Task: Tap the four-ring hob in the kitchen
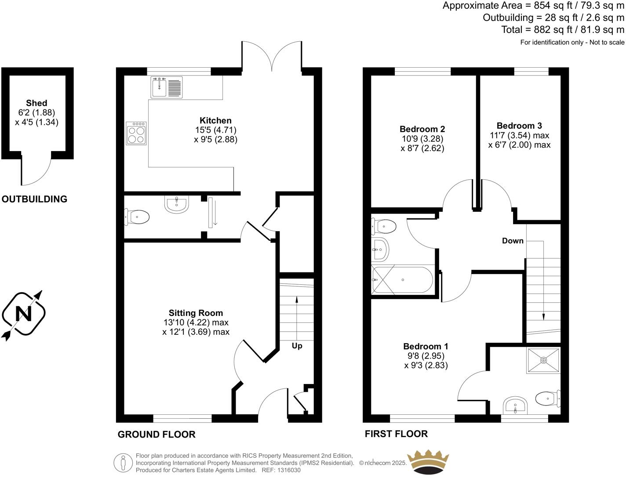coord(136,133)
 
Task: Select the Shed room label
coord(36,103)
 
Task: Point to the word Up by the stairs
coord(297,346)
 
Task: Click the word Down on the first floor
coord(513,241)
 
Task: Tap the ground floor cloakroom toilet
coord(138,217)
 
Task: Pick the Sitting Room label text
coord(196,313)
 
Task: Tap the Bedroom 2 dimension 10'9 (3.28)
coord(422,139)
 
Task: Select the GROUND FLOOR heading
coord(156,435)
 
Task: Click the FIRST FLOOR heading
coord(396,434)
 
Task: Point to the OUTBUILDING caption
coord(35,199)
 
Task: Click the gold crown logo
coord(428,462)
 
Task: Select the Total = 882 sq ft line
coord(563,30)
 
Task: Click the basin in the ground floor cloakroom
coord(177,204)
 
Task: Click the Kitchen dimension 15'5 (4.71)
coord(215,130)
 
